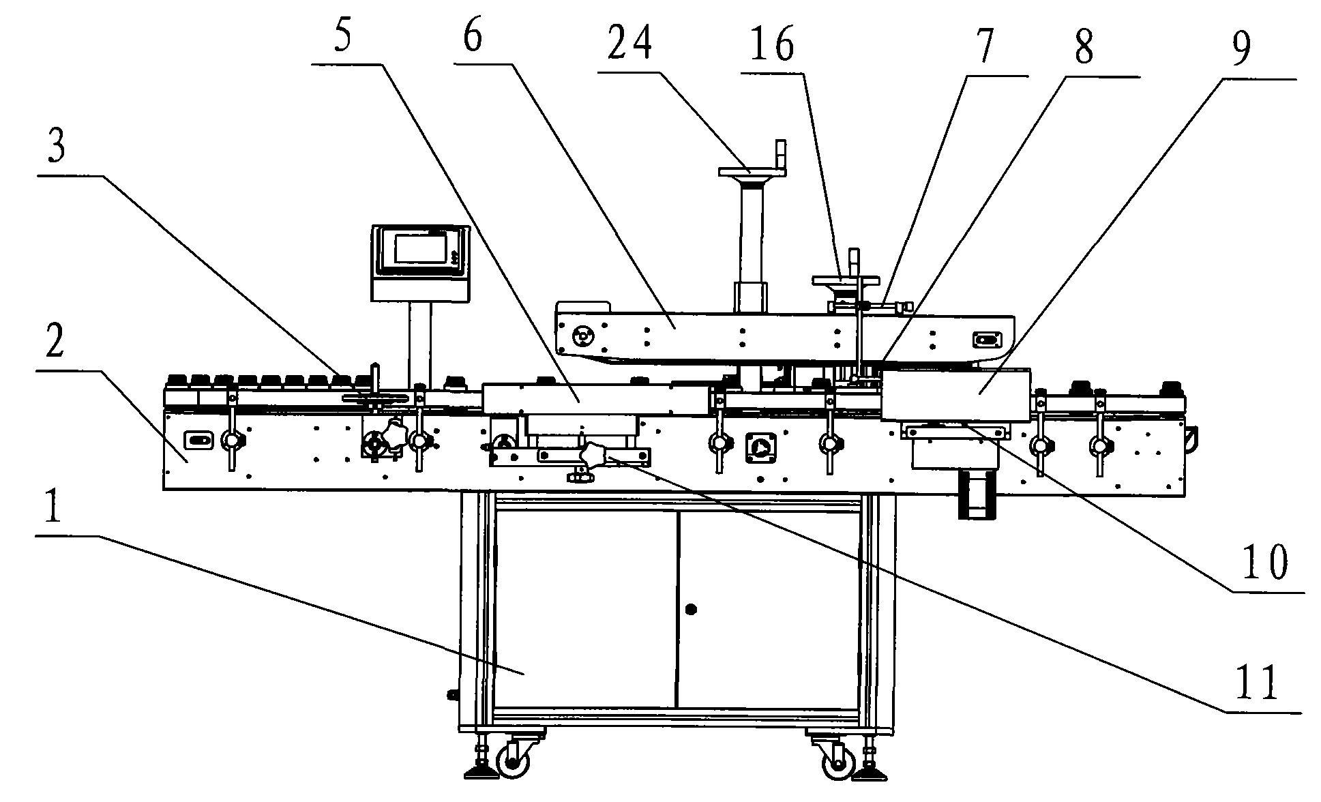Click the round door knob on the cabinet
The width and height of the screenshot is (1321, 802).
[692, 608]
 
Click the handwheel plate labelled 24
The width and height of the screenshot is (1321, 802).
[751, 170]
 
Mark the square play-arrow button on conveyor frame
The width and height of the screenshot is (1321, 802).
[759, 447]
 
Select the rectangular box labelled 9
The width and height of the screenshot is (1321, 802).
[955, 395]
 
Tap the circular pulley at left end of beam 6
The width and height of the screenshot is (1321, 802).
[583, 337]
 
